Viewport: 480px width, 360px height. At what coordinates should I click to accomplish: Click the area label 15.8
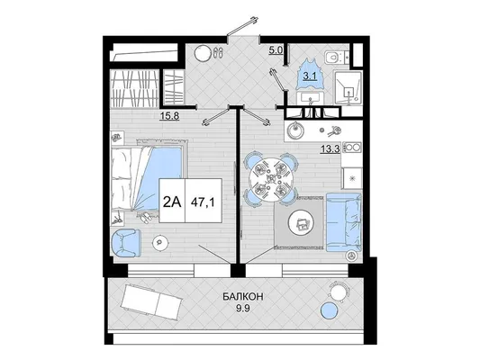(169, 116)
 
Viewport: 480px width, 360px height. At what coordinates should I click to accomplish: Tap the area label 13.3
(331, 149)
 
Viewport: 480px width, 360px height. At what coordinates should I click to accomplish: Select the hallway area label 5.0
(276, 50)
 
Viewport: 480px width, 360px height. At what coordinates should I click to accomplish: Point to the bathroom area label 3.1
(310, 76)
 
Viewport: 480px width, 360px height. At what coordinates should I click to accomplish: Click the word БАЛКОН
(243, 297)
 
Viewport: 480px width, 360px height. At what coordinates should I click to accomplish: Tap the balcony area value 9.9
(243, 309)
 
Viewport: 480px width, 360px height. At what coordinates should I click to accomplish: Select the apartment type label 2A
(172, 202)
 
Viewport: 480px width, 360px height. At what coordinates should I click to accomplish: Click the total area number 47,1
(203, 202)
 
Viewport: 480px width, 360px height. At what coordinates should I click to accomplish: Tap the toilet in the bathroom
(333, 58)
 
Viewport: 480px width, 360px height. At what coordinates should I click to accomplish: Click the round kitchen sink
(295, 131)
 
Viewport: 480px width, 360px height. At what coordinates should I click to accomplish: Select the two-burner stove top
(352, 148)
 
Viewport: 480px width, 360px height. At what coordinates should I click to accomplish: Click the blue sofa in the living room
(344, 222)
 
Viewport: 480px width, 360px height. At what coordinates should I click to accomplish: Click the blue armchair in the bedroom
(126, 243)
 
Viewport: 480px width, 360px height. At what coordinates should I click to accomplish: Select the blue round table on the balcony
(330, 310)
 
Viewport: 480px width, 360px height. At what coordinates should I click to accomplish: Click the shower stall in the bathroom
(348, 88)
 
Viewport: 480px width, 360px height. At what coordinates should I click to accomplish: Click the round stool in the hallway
(203, 54)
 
